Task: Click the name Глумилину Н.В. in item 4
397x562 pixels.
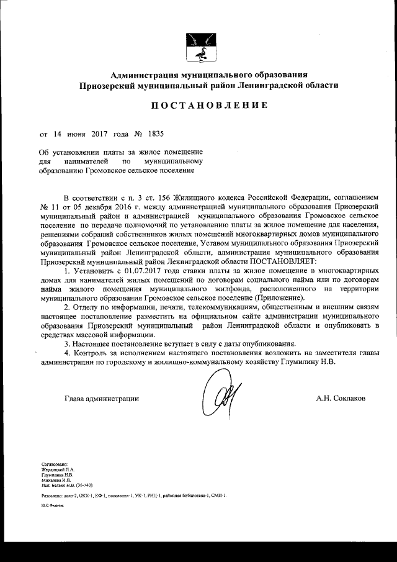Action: click(307, 362)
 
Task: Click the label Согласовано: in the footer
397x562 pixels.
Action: click(54, 463)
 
